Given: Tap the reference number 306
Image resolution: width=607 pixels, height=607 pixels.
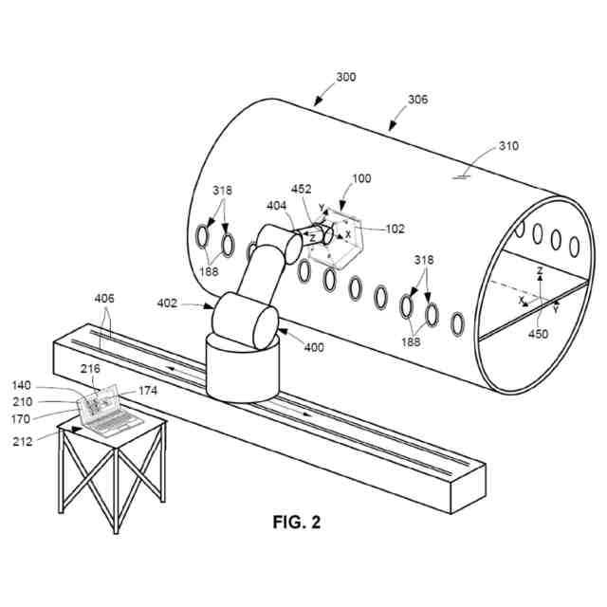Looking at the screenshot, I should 417,98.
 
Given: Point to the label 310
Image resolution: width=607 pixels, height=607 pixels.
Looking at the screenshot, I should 509,147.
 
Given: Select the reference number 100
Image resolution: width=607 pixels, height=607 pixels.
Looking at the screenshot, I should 361,178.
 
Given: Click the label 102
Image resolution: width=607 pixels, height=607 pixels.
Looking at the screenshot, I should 395,228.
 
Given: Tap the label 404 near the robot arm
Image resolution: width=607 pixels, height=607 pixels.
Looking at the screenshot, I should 277,205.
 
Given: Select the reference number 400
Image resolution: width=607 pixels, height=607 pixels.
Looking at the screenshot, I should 313,347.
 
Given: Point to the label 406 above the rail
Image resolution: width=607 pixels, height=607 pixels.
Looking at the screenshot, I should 105,299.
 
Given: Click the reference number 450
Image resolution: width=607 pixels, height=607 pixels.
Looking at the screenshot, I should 537,333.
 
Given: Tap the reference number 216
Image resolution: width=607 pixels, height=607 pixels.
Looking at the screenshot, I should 90,368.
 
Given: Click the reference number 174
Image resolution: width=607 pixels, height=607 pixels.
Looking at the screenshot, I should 148,390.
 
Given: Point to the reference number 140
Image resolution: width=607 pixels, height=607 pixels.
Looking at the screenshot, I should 22,386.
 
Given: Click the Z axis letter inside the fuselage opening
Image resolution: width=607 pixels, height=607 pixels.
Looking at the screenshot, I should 539,271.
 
